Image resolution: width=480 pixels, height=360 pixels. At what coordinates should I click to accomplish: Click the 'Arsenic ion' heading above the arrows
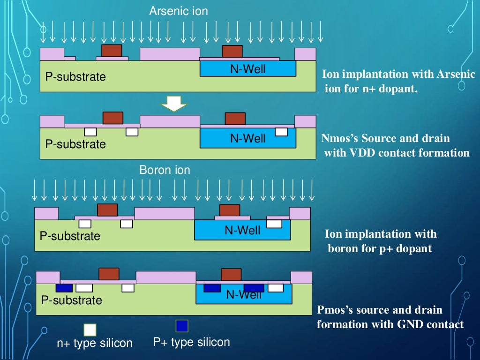tap(178, 11)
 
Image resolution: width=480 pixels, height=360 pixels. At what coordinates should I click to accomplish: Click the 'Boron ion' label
tap(165, 170)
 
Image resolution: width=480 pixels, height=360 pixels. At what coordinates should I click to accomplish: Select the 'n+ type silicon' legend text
tap(95, 343)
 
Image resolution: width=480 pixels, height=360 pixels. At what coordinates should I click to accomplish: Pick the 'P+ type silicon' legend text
tap(192, 342)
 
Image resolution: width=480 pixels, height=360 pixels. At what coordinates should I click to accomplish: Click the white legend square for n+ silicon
tap(90, 330)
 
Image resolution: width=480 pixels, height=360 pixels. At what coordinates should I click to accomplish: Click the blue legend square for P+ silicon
tap(182, 326)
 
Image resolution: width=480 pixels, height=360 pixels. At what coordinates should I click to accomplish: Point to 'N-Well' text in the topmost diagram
tap(247, 69)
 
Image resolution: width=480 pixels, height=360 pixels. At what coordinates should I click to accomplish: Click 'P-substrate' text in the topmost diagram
tap(75, 77)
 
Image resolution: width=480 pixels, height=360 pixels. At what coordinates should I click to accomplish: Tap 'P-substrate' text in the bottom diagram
tap(71, 300)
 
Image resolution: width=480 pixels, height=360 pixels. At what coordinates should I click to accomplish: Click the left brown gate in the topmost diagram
tap(112, 51)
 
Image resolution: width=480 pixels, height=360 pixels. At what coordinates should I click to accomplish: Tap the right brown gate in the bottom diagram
tap(231, 274)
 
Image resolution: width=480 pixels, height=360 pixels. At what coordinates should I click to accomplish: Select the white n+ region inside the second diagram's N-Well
tap(281, 132)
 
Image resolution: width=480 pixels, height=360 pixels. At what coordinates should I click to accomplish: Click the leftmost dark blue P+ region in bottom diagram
tap(64, 288)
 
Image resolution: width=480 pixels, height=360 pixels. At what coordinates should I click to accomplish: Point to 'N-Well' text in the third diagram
tap(242, 230)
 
